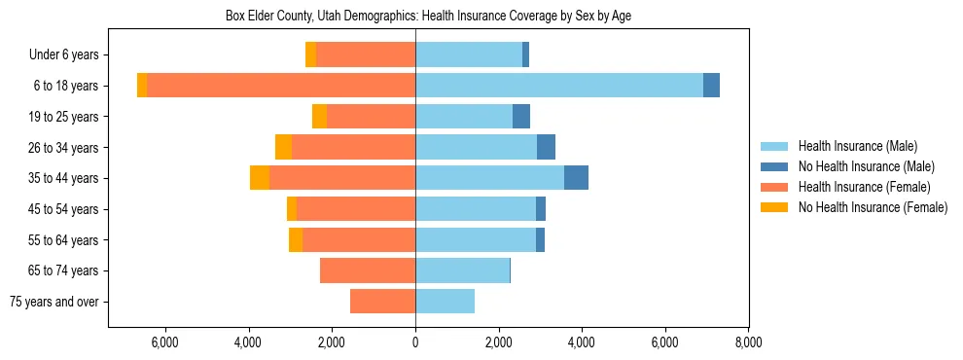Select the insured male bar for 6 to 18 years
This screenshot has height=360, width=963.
(558, 86)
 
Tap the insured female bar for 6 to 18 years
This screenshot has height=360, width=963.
(281, 86)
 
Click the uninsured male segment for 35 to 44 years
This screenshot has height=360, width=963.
(576, 178)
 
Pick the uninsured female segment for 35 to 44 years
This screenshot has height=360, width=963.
(260, 178)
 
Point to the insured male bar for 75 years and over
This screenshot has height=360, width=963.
(445, 302)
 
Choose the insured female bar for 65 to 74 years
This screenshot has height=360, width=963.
(368, 270)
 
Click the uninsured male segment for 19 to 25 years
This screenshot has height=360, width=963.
(521, 117)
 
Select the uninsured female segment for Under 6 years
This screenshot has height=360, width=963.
(311, 54)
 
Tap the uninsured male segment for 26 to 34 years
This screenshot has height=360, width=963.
(546, 147)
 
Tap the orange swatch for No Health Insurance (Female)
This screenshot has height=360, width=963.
(775, 207)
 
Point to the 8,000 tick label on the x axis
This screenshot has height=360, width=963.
(748, 342)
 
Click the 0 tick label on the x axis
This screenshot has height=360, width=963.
(415, 342)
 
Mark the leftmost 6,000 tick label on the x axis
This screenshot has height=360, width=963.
(165, 342)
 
